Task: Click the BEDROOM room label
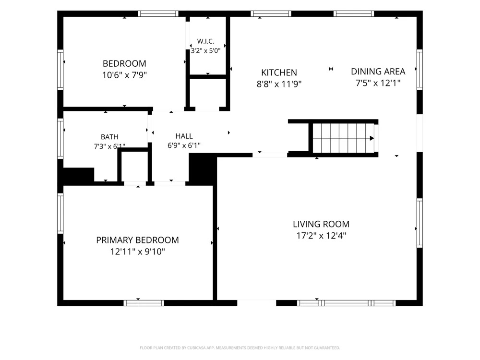point(124,64)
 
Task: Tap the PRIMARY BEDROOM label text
point(137,240)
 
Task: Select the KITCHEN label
point(279,72)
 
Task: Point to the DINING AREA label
point(378,72)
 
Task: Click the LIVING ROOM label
point(321,224)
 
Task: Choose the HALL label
point(184,136)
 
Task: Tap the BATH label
point(109,137)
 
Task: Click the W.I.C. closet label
point(205,41)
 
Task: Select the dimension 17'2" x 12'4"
point(321,236)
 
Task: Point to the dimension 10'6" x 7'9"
point(124,75)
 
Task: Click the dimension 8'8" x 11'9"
point(279,84)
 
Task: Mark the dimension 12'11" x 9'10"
point(137,252)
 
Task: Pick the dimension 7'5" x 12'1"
point(378,83)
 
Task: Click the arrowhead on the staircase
point(372,138)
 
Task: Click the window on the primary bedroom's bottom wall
point(144,303)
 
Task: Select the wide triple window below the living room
point(346,303)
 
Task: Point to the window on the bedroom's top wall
point(158,13)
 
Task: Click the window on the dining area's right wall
point(420,70)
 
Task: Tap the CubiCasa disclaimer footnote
point(240,348)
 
